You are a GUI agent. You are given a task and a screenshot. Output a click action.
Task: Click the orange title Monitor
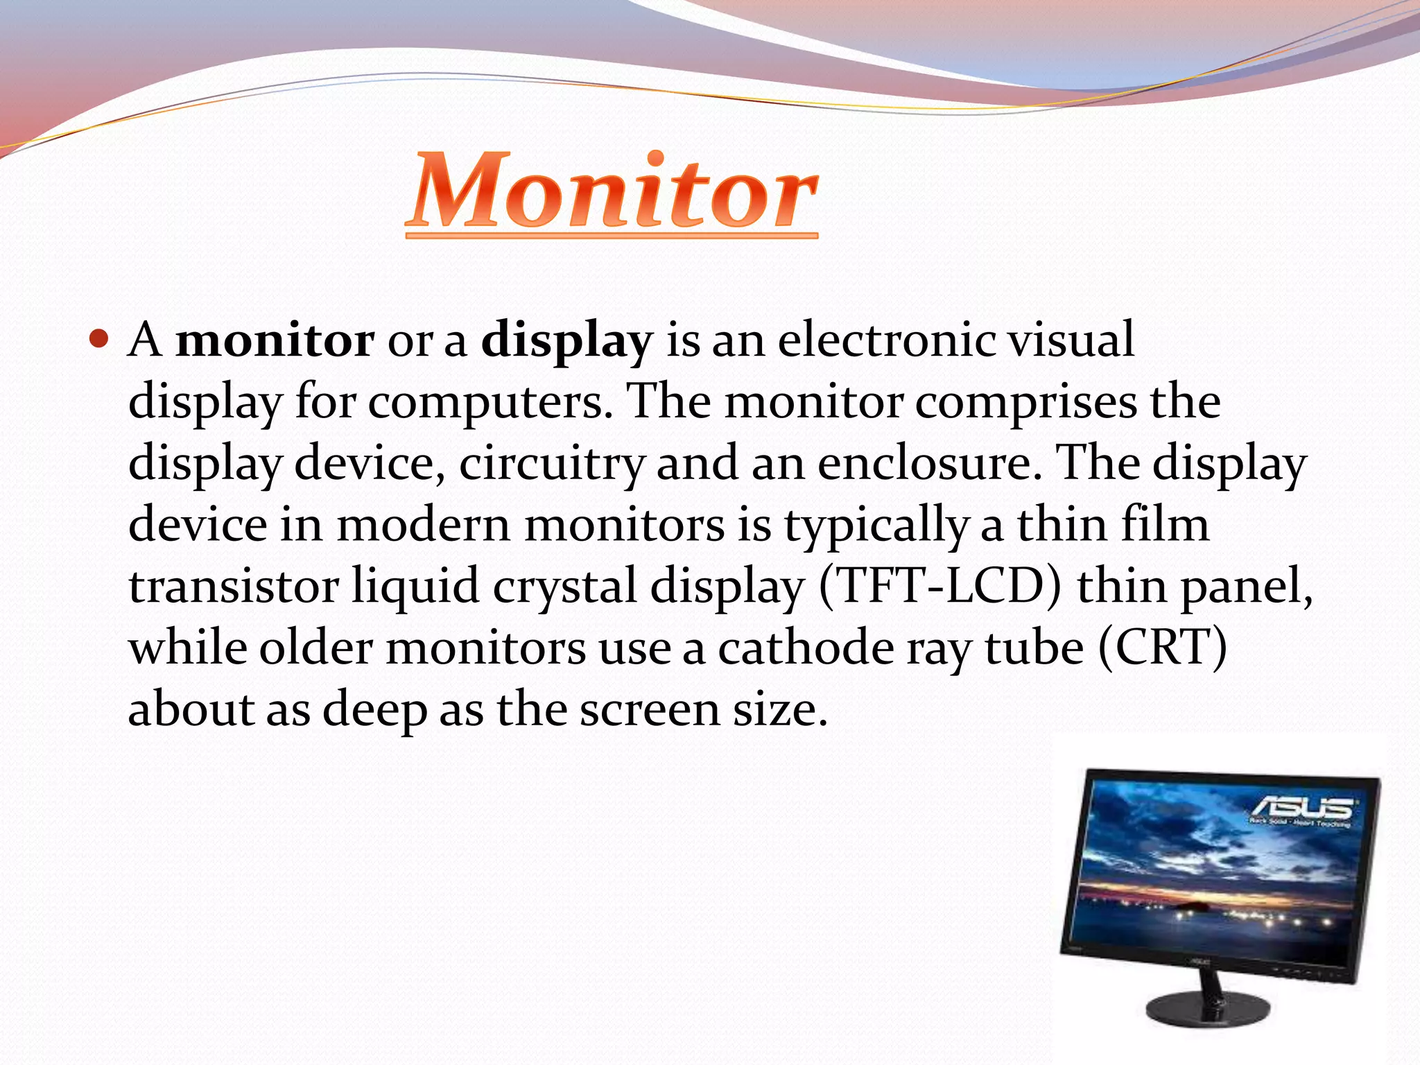point(612,191)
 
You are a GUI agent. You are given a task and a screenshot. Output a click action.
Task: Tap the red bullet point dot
point(100,340)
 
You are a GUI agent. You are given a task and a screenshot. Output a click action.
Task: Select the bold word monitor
point(275,340)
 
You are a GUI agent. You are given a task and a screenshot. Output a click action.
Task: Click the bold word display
point(566,342)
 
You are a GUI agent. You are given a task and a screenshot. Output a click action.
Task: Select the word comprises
point(1026,402)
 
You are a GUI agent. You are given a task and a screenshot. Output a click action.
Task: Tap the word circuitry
point(552,464)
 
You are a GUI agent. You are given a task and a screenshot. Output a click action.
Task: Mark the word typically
point(876,526)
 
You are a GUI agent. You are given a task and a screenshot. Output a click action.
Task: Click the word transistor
point(234,586)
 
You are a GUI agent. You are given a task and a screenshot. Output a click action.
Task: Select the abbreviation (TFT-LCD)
point(940,586)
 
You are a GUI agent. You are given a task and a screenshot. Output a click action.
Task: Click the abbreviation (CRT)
point(1163,648)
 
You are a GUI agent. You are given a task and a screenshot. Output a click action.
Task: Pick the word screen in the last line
point(650,709)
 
